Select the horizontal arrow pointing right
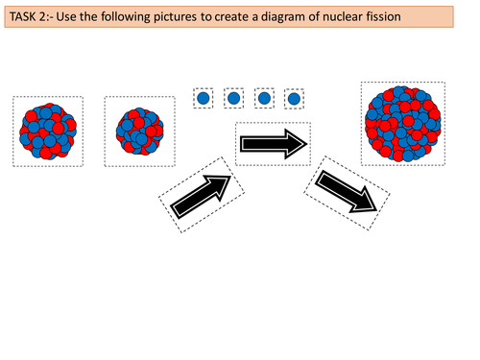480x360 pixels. [273, 144]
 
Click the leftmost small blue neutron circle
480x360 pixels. [204, 98]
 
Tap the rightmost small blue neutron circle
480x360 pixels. [295, 98]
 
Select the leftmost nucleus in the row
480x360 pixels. [48, 128]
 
